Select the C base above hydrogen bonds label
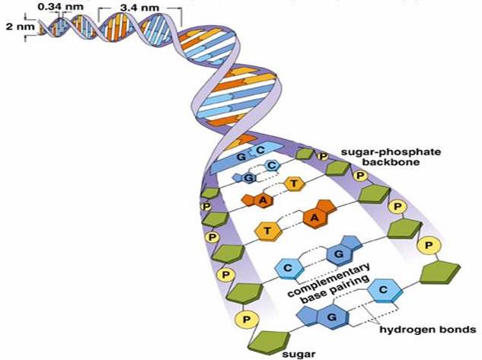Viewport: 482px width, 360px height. coord(384,290)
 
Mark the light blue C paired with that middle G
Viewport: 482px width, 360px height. coord(289,267)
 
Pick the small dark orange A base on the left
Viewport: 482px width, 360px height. coord(263,199)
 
